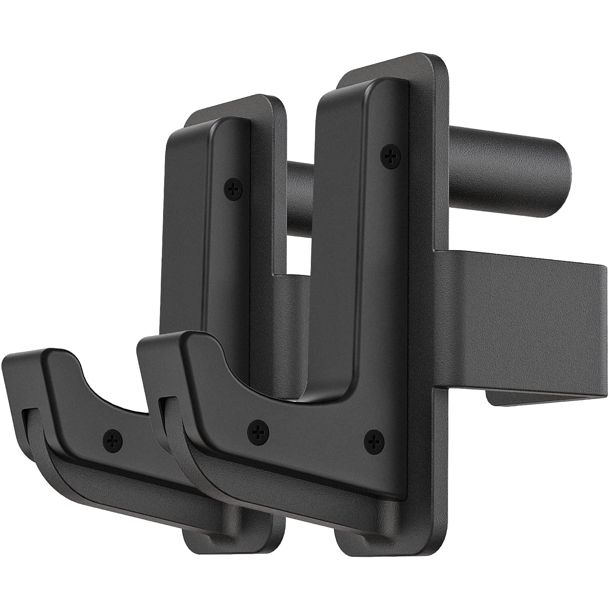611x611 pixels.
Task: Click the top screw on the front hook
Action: tap(390, 155)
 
